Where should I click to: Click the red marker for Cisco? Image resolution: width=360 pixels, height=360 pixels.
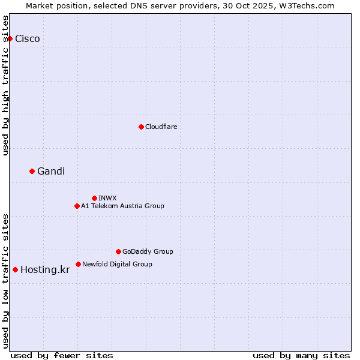click(10, 39)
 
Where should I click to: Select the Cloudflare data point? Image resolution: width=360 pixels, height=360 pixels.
click(141, 127)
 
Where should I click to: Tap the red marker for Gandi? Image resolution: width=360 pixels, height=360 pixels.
click(32, 172)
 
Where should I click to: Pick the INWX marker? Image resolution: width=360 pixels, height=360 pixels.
click(94, 198)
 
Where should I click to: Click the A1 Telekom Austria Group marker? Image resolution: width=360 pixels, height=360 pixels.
click(77, 206)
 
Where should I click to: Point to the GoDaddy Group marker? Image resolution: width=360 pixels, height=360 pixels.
click(118, 251)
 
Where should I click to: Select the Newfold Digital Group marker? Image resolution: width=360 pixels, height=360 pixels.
click(78, 264)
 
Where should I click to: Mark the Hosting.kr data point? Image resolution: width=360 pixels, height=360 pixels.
click(15, 269)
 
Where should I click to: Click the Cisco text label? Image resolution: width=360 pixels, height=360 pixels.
click(28, 39)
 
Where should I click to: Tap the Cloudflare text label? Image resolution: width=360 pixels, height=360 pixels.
click(161, 127)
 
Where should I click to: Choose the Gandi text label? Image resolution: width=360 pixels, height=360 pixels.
click(51, 172)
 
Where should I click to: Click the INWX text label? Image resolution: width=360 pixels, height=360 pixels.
click(108, 198)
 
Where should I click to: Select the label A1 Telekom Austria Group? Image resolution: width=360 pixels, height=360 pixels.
click(122, 206)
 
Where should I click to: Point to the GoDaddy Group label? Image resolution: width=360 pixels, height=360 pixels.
click(148, 251)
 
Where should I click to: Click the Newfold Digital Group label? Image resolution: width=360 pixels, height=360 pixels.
click(117, 264)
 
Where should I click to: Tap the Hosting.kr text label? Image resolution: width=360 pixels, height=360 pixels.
click(45, 270)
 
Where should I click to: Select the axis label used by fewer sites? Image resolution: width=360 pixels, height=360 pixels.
click(62, 355)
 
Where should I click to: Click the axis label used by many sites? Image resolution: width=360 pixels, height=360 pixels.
click(301, 355)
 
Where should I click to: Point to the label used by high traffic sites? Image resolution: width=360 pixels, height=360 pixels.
click(5, 85)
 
